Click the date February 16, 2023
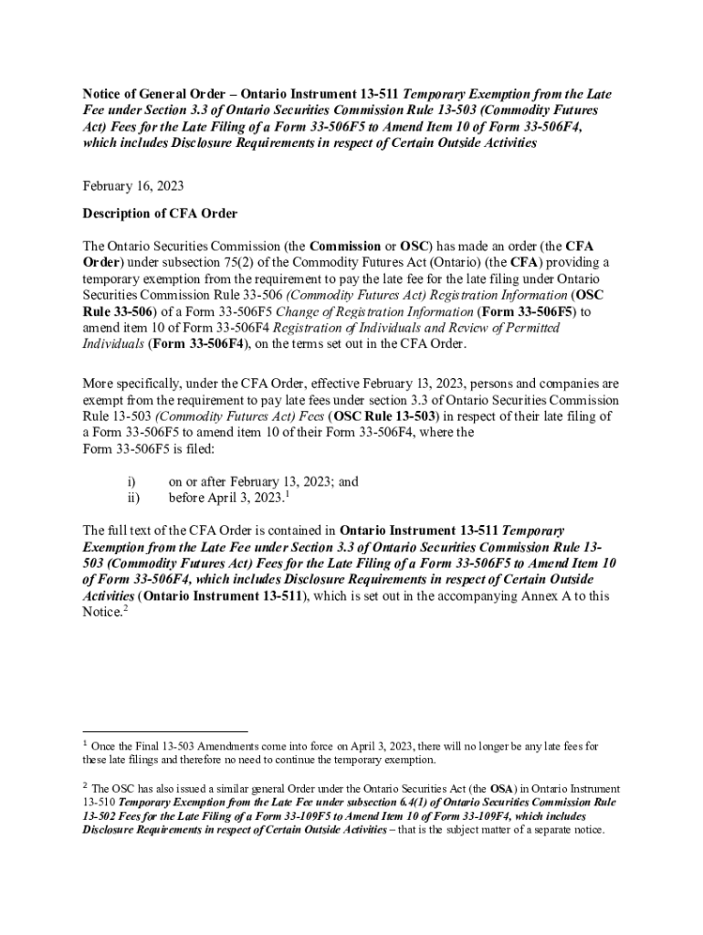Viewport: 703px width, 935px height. click(133, 186)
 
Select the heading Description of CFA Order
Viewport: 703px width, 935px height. click(160, 214)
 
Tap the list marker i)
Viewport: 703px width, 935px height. click(131, 481)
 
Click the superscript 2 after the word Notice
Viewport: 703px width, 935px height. click(124, 609)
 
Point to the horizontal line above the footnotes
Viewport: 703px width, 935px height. click(165, 730)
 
